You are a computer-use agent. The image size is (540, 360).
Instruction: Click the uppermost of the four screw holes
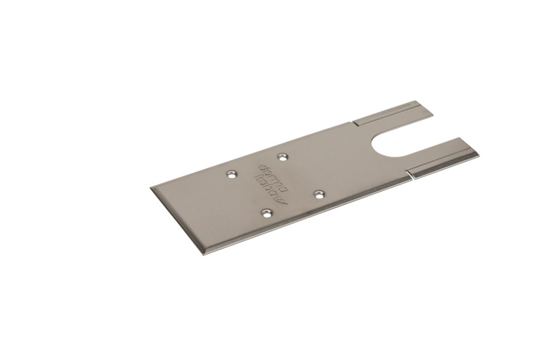[x=282, y=156]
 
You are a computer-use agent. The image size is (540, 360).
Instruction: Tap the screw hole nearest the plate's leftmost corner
[x=231, y=174]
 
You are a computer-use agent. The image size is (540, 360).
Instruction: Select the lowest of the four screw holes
[x=266, y=213]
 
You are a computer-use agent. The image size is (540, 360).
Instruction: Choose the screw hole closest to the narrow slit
[x=319, y=193]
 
